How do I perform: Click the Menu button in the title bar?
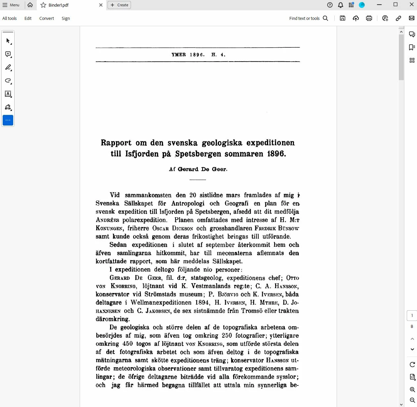[11, 5]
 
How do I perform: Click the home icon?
[30, 5]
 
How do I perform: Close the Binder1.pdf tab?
[101, 5]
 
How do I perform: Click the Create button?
[119, 5]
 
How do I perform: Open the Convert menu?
[47, 19]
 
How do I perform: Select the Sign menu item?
[66, 19]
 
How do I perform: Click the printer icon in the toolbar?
[369, 19]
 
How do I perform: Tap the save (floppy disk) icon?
[343, 19]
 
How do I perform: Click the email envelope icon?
[412, 19]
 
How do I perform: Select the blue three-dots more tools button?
[8, 120]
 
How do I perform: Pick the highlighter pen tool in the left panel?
[8, 68]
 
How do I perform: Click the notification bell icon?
[341, 5]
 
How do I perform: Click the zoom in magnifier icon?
[412, 390]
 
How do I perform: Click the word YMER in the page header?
[179, 55]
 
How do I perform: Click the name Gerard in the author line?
[188, 169]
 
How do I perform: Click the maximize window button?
[396, 5]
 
